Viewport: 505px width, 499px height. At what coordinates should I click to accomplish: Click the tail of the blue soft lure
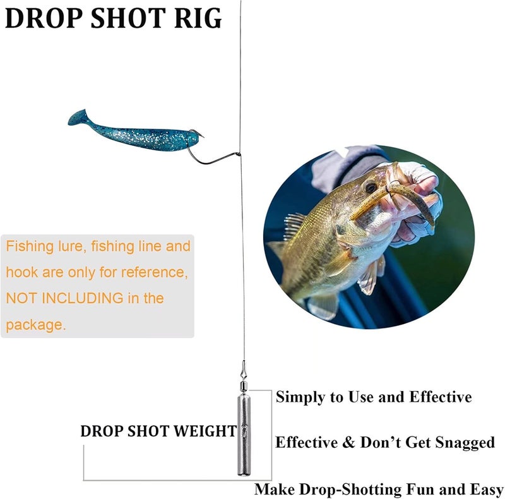[77, 117]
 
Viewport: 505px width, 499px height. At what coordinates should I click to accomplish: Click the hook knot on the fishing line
[239, 154]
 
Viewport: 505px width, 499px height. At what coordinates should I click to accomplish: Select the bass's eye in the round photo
[371, 187]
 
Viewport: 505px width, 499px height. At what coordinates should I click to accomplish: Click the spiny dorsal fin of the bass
[294, 225]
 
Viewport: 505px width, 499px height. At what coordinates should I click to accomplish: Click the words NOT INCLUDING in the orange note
[64, 298]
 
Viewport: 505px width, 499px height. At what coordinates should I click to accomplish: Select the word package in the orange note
[36, 325]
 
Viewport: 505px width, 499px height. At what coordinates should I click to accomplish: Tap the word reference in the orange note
[155, 272]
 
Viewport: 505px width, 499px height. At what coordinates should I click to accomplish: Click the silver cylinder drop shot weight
[244, 435]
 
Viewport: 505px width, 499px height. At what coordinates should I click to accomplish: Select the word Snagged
[465, 443]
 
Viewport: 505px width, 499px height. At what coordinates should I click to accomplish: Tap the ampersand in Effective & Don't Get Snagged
[348, 442]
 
